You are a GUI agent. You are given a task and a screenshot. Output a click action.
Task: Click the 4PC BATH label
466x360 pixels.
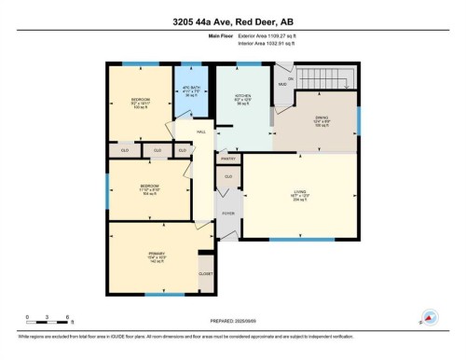pos(189,91)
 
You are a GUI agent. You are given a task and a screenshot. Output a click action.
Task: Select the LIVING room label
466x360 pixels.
pos(299,194)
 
